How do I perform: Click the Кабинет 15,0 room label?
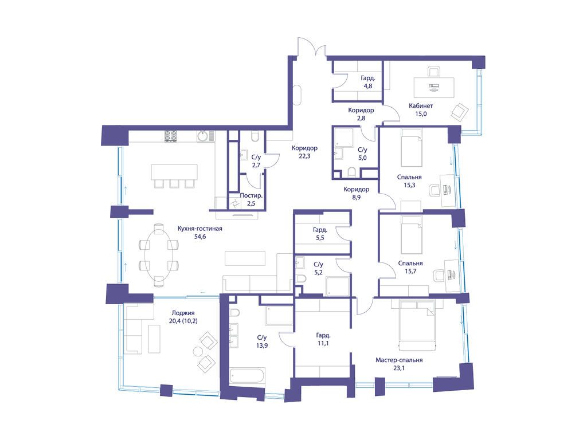(x=421, y=109)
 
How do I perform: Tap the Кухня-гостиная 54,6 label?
(x=199, y=232)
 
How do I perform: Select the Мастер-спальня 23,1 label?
(x=399, y=364)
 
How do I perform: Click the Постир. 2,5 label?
(x=252, y=199)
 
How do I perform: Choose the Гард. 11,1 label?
(x=323, y=339)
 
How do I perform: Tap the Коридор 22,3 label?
(x=304, y=151)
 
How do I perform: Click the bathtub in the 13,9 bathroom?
(x=246, y=378)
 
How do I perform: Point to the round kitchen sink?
(x=202, y=136)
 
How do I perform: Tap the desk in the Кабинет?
(x=435, y=87)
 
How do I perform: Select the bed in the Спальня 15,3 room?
(x=410, y=148)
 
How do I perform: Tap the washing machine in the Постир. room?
(x=235, y=203)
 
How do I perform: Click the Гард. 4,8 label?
(x=367, y=82)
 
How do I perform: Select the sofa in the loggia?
(x=133, y=329)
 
